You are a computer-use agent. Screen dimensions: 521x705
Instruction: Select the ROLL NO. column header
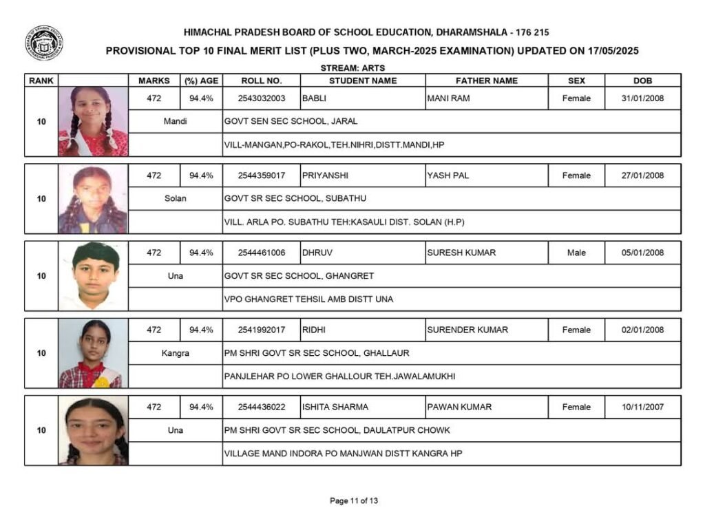[262, 81]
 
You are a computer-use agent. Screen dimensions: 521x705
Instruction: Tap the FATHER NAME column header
[486, 81]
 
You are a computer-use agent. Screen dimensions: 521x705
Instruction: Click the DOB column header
[642, 81]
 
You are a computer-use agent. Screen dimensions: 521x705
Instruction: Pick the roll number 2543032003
[262, 98]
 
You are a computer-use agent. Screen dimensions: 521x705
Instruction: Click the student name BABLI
[314, 98]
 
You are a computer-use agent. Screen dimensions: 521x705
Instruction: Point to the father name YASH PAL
[448, 176]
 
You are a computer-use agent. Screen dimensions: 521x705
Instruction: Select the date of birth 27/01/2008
[642, 176]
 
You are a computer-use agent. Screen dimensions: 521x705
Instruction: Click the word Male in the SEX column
[576, 253]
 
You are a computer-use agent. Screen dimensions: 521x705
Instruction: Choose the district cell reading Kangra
[176, 353]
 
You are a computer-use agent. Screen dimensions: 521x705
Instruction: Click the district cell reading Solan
[176, 199]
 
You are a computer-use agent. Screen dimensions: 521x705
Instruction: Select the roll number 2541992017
[262, 330]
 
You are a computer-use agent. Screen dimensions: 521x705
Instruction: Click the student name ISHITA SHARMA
[335, 407]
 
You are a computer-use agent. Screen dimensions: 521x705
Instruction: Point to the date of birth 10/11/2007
[642, 407]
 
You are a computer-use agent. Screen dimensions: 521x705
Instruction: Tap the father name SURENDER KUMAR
[467, 330]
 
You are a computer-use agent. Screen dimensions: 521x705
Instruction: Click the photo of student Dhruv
[94, 276]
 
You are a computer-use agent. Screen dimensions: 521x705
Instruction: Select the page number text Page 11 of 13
[354, 500]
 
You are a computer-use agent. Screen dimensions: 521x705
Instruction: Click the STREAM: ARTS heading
[352, 68]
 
